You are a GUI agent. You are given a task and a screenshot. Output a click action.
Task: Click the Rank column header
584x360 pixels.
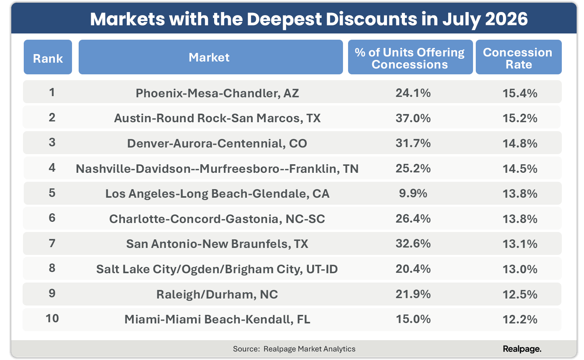(x=48, y=57)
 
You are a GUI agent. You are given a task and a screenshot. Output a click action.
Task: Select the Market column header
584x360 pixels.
(x=211, y=57)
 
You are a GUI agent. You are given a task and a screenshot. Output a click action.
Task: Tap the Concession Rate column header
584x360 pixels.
(x=519, y=57)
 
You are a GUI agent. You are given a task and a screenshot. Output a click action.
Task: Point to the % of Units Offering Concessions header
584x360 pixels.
(x=410, y=57)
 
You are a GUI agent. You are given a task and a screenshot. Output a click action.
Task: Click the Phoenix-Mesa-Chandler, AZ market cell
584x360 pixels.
(x=217, y=93)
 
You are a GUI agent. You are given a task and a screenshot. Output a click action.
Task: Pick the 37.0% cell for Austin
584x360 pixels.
(x=413, y=118)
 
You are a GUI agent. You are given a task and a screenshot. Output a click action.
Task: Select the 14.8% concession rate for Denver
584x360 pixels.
(x=520, y=143)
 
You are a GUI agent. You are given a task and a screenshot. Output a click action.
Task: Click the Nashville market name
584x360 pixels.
(x=217, y=169)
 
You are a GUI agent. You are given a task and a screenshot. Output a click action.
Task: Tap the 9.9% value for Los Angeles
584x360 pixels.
(x=413, y=193)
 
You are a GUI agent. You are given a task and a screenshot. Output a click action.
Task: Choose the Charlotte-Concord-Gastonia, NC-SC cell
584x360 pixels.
(x=217, y=219)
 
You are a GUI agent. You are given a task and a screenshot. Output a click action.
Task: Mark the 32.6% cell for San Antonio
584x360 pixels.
(x=413, y=244)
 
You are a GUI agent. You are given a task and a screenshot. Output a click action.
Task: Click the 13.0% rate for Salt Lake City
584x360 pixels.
(x=520, y=269)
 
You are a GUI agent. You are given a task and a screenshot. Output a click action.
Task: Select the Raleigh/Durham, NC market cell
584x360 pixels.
(x=217, y=295)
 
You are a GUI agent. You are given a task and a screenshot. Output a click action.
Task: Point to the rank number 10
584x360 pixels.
(x=52, y=319)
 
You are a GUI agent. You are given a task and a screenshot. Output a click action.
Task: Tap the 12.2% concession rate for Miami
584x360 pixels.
(x=520, y=320)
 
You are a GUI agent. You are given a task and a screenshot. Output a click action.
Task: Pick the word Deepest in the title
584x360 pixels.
(x=284, y=19)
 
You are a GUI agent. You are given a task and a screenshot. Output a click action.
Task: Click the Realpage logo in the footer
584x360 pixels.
(x=522, y=349)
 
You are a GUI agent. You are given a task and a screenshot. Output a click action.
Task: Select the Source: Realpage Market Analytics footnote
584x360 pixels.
(x=294, y=349)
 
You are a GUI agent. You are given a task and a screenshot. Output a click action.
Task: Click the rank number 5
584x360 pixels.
(x=52, y=193)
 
